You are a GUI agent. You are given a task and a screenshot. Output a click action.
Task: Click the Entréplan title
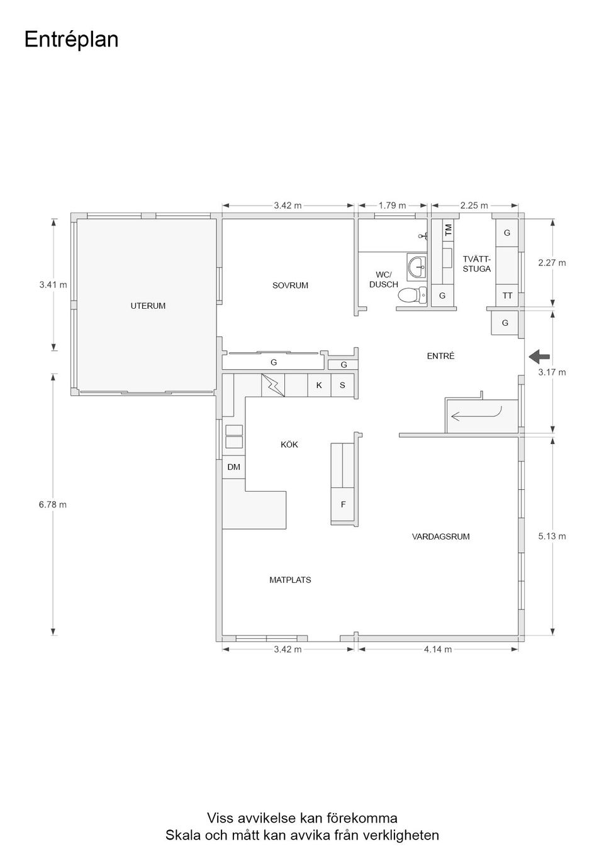pyautogui.click(x=71, y=40)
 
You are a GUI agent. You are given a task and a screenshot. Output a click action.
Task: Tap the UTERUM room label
pyautogui.click(x=148, y=306)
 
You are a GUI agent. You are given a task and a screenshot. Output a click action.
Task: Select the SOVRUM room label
pyautogui.click(x=290, y=286)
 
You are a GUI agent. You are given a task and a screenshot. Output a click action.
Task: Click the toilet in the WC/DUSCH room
pyautogui.click(x=413, y=294)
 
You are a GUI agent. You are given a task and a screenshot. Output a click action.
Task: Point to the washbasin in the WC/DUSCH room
pyautogui.click(x=417, y=267)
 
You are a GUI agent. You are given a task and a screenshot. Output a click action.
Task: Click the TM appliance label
pyautogui.click(x=448, y=230)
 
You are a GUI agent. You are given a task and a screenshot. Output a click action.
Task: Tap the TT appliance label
pyautogui.click(x=506, y=296)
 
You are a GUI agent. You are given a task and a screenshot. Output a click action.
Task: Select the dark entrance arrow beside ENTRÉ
pyautogui.click(x=539, y=357)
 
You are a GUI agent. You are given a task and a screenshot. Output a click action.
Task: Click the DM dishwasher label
pyautogui.click(x=233, y=467)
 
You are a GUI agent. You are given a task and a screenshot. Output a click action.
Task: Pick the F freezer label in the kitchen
pyautogui.click(x=343, y=504)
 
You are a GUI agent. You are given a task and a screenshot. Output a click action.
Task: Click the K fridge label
pyautogui.click(x=319, y=385)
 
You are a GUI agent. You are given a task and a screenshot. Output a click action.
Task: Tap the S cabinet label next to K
pyautogui.click(x=342, y=385)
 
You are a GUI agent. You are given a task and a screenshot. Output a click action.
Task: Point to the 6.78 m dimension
pyautogui.click(x=53, y=504)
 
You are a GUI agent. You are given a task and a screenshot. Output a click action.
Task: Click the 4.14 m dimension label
pyautogui.click(x=437, y=650)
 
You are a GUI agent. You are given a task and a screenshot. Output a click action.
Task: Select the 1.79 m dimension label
pyautogui.click(x=392, y=206)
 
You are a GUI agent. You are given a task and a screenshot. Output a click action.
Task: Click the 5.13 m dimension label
pyautogui.click(x=552, y=536)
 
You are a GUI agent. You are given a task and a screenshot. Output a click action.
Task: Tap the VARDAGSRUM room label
pyautogui.click(x=440, y=537)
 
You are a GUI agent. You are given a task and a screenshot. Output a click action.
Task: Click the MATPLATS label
pyautogui.click(x=290, y=580)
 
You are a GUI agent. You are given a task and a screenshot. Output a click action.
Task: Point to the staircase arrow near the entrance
pyautogui.click(x=476, y=414)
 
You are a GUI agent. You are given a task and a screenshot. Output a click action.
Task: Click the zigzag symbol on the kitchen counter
pyautogui.click(x=272, y=384)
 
